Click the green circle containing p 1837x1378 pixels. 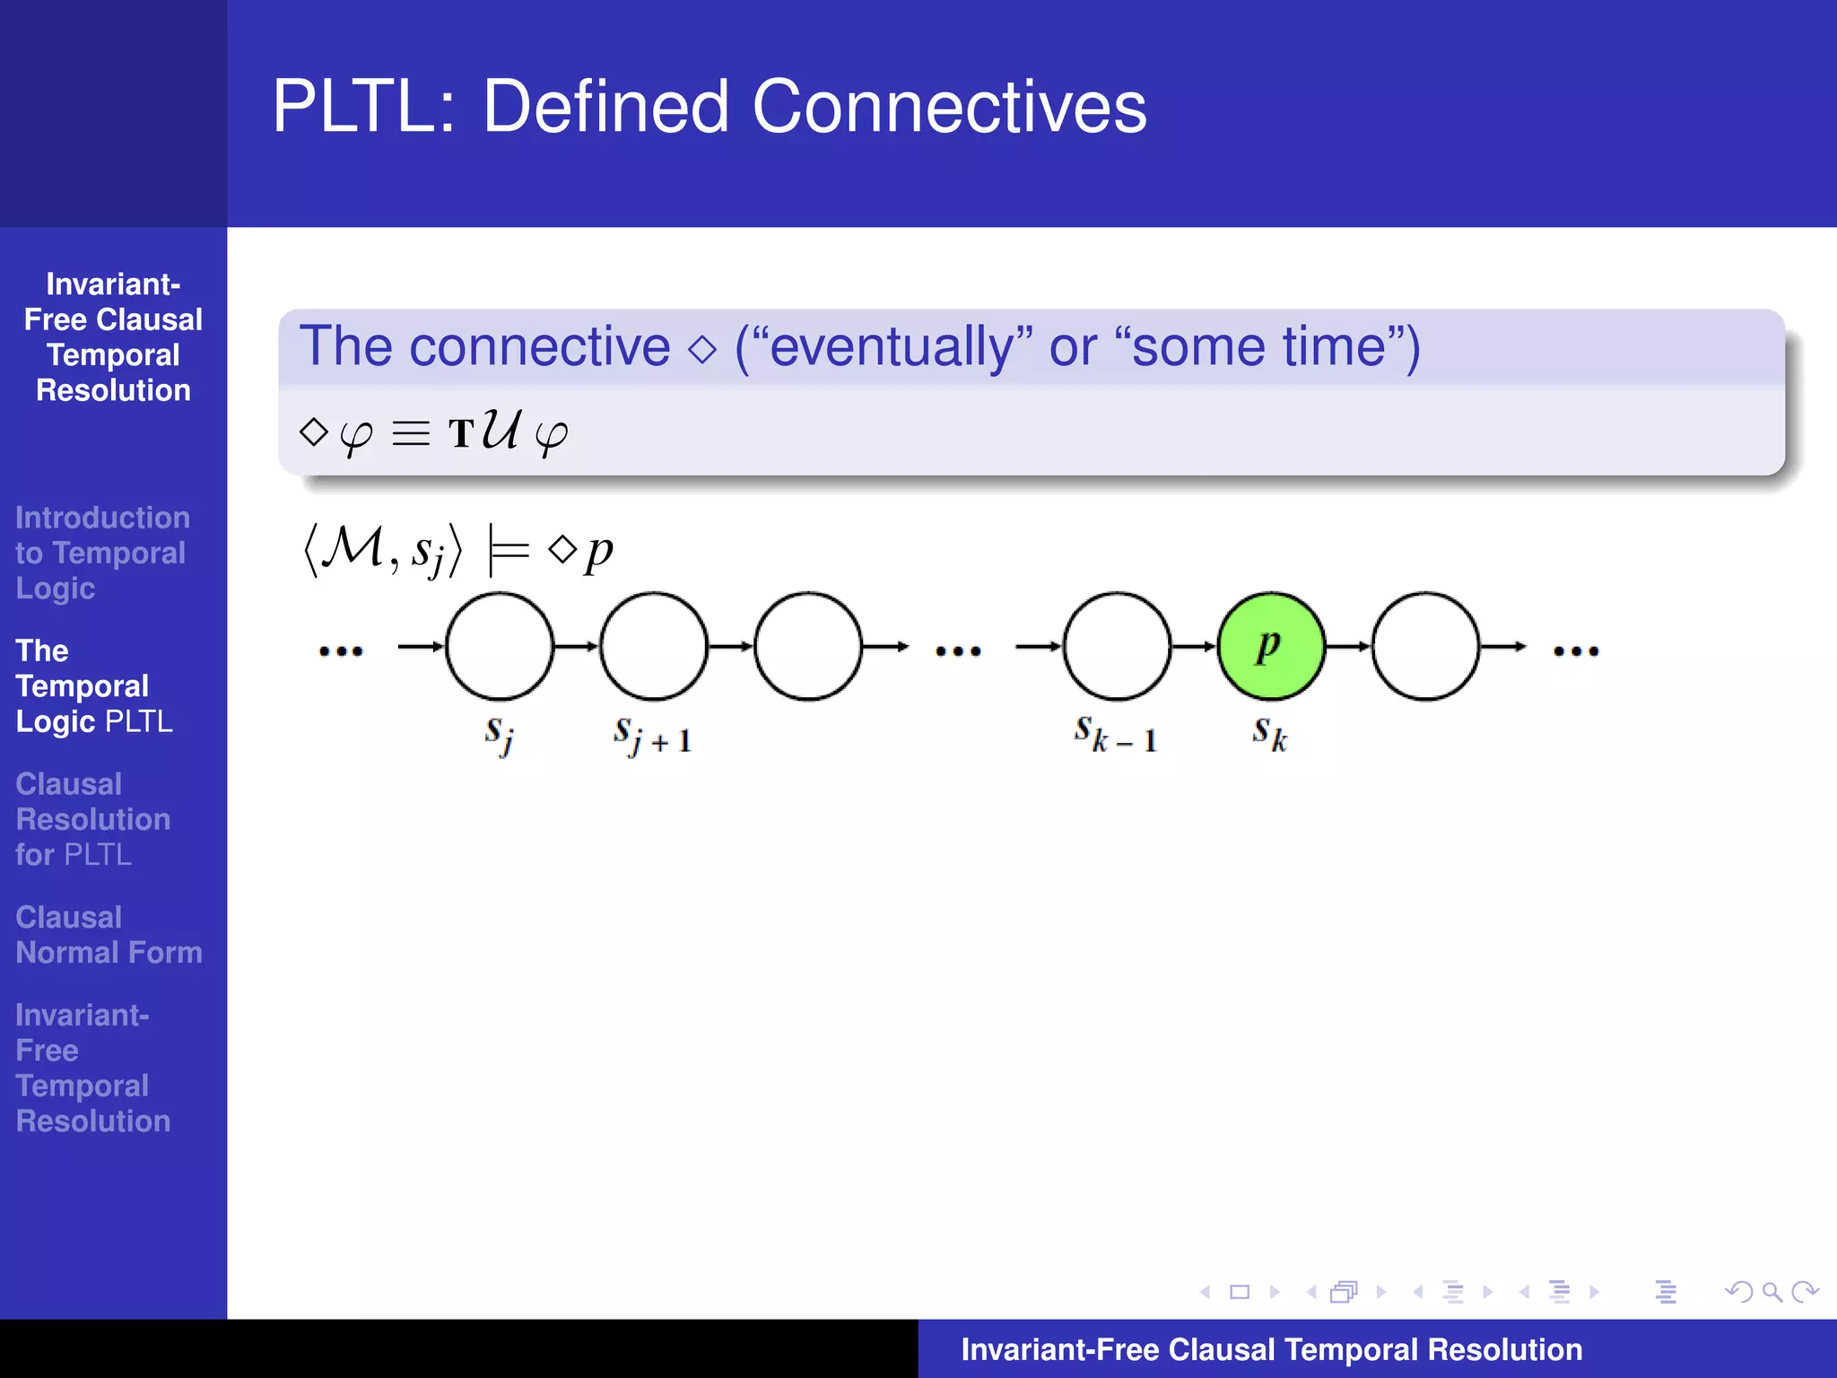click(x=1270, y=646)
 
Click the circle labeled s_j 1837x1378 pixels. click(x=500, y=646)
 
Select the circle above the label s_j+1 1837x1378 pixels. click(x=654, y=646)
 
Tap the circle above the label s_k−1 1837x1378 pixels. click(x=1117, y=646)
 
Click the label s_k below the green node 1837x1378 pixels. click(x=1270, y=734)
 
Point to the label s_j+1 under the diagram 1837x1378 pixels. click(x=652, y=736)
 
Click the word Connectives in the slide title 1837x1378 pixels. click(x=949, y=108)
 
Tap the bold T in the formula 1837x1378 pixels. click(x=461, y=434)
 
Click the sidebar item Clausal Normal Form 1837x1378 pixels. click(x=109, y=934)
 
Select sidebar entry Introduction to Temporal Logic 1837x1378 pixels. click(x=102, y=553)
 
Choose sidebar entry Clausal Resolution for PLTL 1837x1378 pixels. click(x=93, y=819)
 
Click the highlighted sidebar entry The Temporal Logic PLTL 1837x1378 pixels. click(x=94, y=686)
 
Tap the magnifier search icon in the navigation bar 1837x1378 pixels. click(x=1772, y=1292)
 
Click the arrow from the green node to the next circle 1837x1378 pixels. click(x=1348, y=646)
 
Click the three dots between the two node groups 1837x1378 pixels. click(x=958, y=651)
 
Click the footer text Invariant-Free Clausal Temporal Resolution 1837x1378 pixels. click(x=1271, y=1349)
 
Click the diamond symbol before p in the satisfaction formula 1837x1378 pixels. click(x=562, y=548)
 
